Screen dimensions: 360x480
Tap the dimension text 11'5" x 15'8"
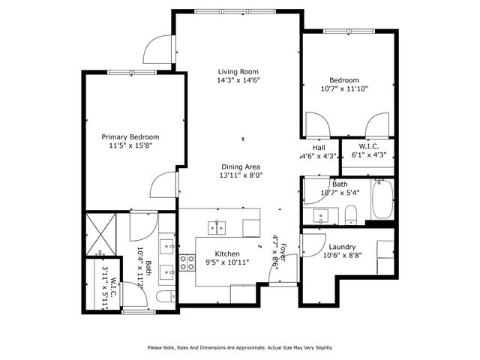(130, 147)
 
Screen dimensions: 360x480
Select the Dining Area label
(240, 166)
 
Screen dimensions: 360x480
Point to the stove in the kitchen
(187, 263)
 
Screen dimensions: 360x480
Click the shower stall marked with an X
(100, 232)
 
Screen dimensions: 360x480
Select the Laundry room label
(341, 247)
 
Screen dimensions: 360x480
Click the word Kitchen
(227, 253)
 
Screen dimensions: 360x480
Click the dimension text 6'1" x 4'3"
(368, 156)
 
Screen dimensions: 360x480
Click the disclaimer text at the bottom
(239, 347)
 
